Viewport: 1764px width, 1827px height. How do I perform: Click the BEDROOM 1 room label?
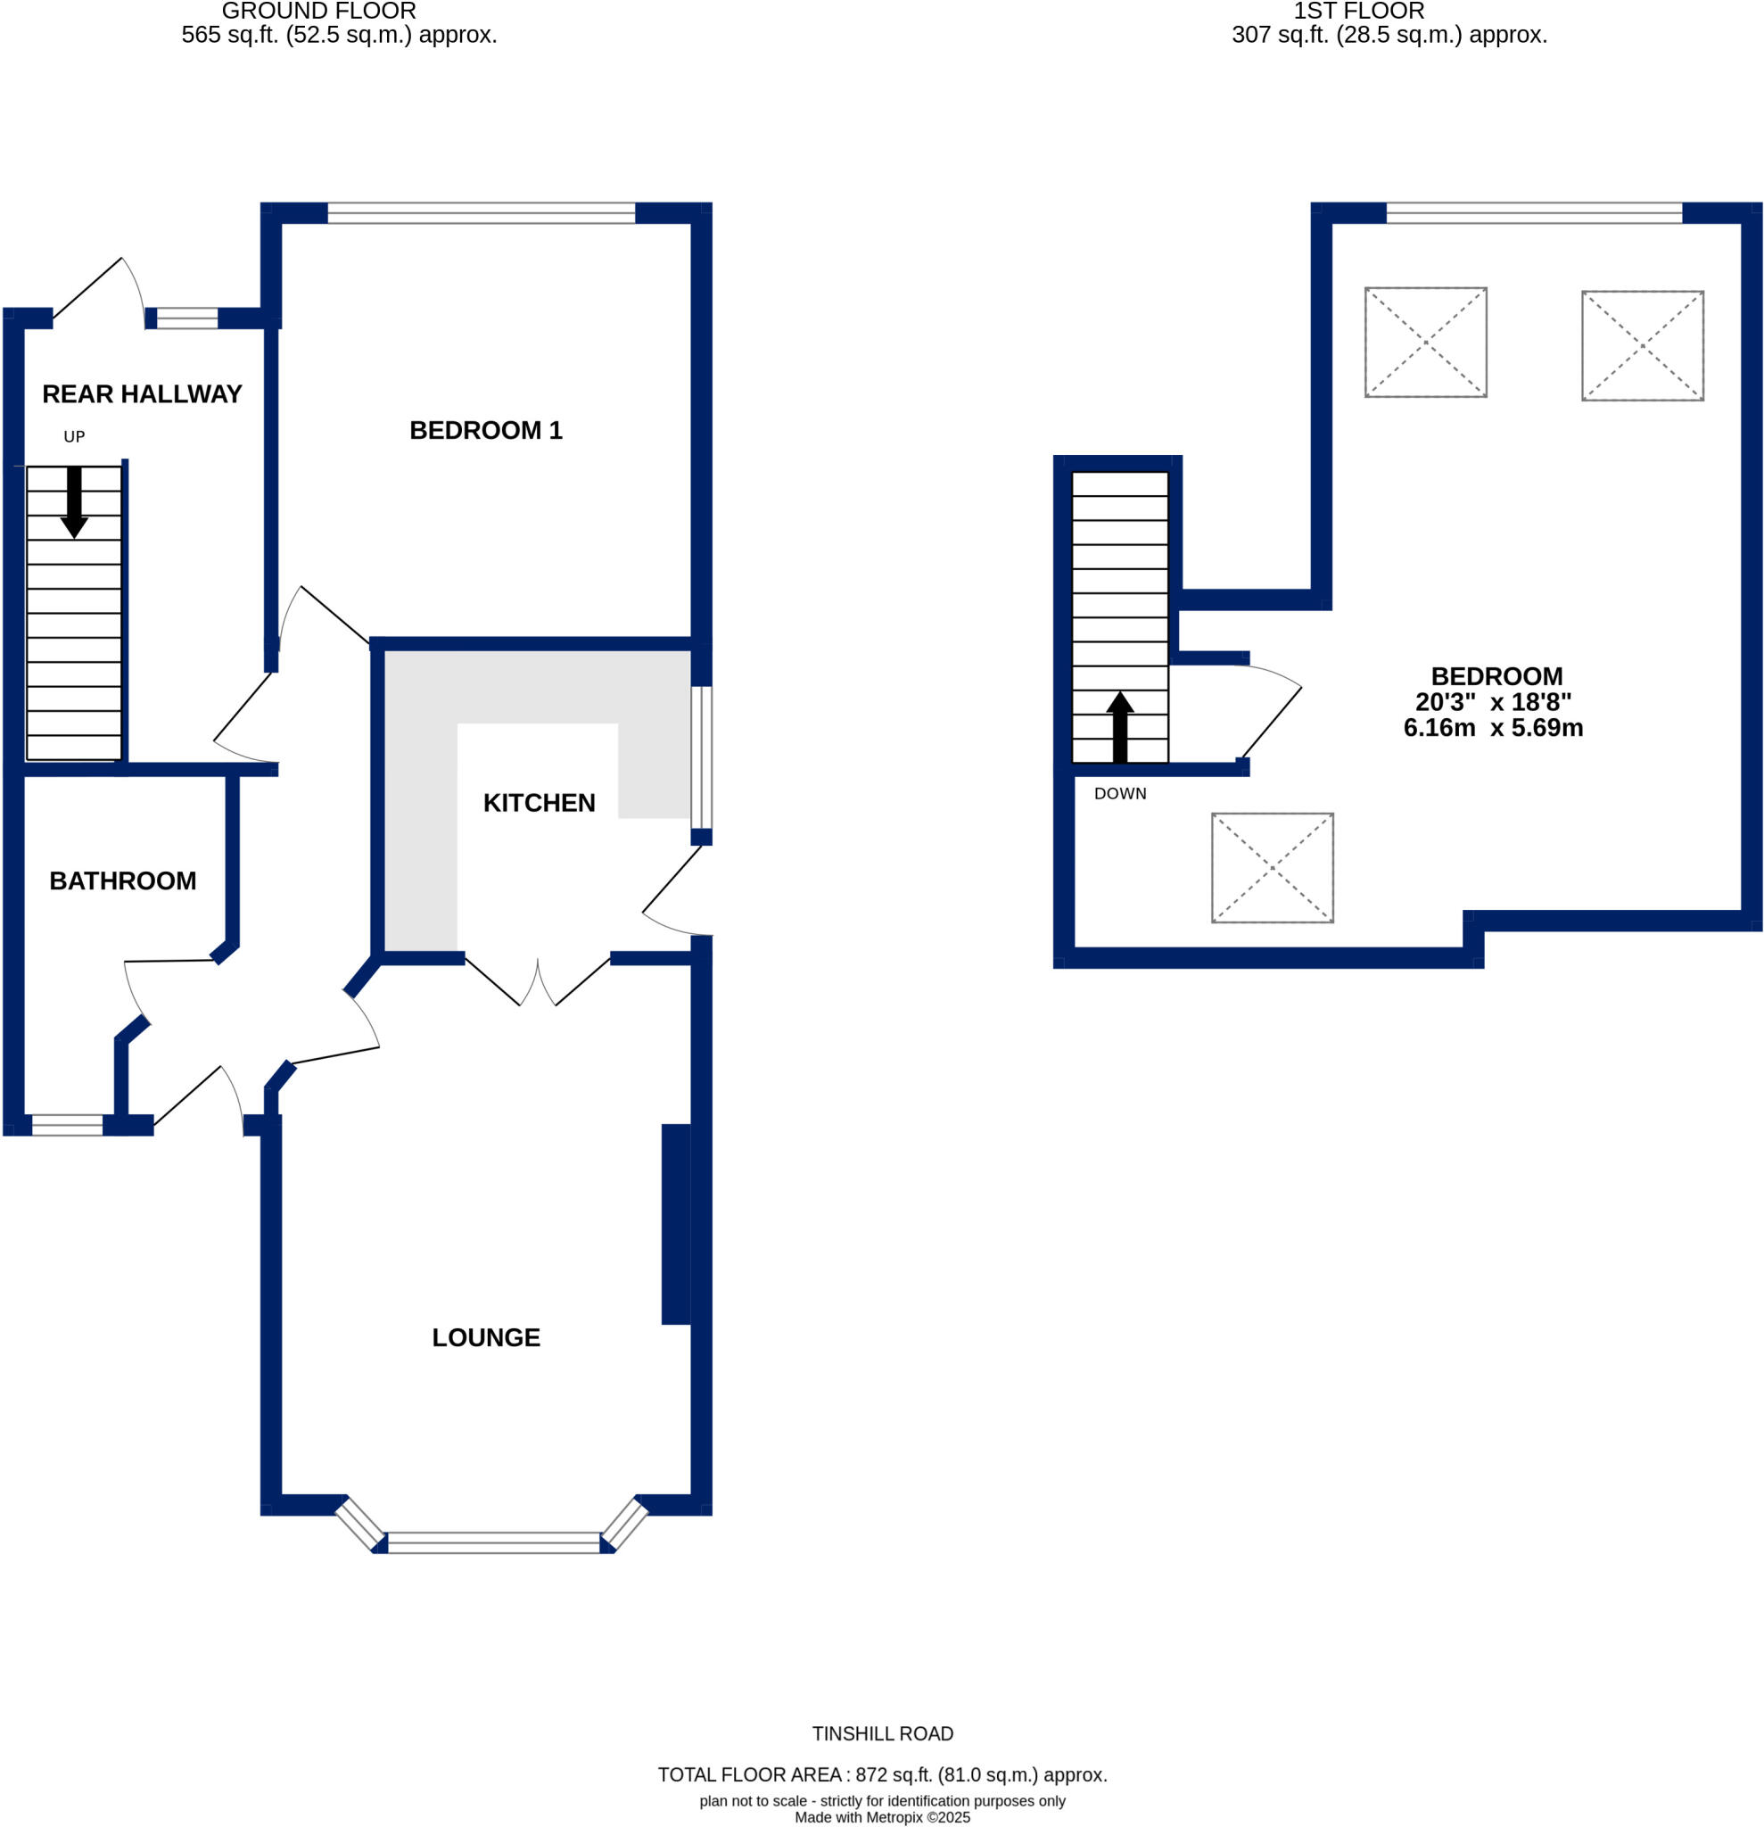pyautogui.click(x=485, y=431)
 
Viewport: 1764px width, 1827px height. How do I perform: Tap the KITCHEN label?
pyautogui.click(x=539, y=804)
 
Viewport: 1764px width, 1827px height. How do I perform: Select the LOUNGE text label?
pyautogui.click(x=485, y=1337)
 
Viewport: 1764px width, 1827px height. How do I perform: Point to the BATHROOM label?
pyautogui.click(x=122, y=880)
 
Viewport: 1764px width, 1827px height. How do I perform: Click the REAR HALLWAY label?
pyautogui.click(x=142, y=394)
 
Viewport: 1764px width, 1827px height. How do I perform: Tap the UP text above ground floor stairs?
pyautogui.click(x=74, y=436)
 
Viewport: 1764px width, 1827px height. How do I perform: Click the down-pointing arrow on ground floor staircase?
pyautogui.click(x=74, y=503)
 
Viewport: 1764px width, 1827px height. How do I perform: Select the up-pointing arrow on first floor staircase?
pyautogui.click(x=1119, y=727)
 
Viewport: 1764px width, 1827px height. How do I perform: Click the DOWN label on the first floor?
pyautogui.click(x=1119, y=794)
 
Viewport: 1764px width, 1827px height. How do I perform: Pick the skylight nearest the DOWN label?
pyautogui.click(x=1272, y=868)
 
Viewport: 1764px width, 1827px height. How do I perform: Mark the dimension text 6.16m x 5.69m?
pyautogui.click(x=1493, y=728)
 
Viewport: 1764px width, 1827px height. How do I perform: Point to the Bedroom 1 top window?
pyautogui.click(x=481, y=212)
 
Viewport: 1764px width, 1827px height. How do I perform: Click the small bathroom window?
pyautogui.click(x=67, y=1125)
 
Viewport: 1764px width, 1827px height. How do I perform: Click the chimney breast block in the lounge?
pyautogui.click(x=676, y=1224)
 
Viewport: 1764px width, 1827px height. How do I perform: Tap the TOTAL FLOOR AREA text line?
pyautogui.click(x=881, y=1774)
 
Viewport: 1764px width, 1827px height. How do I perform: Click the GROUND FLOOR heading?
pyautogui.click(x=318, y=12)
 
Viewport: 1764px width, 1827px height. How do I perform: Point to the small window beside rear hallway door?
pyautogui.click(x=186, y=318)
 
